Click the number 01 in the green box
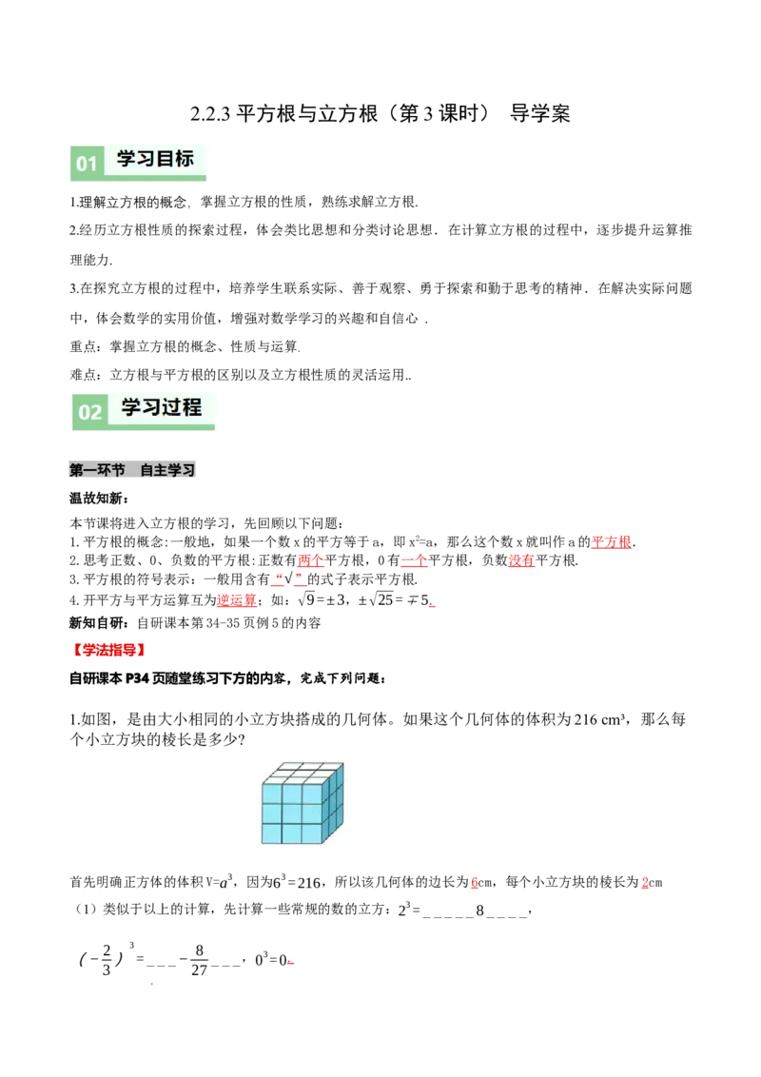(x=87, y=164)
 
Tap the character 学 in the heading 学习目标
(x=127, y=159)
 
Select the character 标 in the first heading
(x=184, y=159)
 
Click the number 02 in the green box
(x=89, y=412)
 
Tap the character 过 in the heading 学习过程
(x=169, y=407)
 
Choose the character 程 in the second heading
(x=191, y=407)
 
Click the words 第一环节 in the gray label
(x=97, y=470)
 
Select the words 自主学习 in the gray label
(x=167, y=470)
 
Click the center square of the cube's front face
(x=292, y=813)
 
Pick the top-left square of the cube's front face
(x=272, y=793)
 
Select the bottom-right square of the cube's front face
(x=312, y=833)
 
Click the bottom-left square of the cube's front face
(x=272, y=833)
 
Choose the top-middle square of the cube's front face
(x=292, y=793)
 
